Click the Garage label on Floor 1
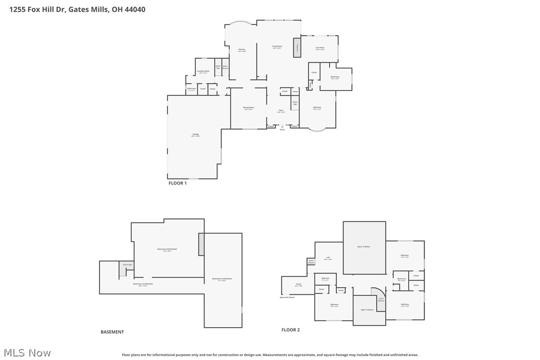click(196, 135)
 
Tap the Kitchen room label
click(242, 50)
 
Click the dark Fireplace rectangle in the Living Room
click(297, 47)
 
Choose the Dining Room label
click(249, 108)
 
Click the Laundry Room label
click(203, 72)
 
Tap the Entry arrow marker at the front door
click(282, 127)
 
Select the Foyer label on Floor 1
click(281, 111)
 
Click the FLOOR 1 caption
click(178, 183)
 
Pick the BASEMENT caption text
click(112, 332)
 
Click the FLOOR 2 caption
click(290, 330)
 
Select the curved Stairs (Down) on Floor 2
click(380, 300)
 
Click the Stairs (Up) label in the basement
click(127, 265)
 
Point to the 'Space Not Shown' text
click(287, 297)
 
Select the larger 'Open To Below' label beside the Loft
click(364, 247)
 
